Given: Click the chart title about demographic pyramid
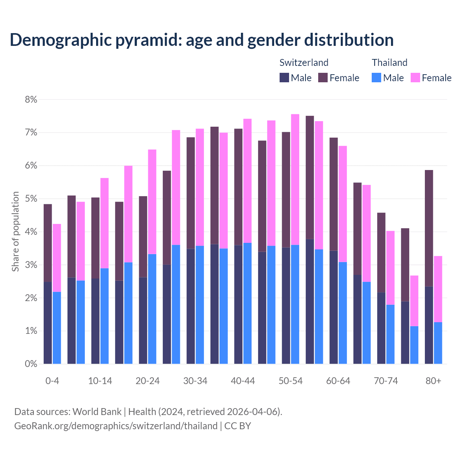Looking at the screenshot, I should click(x=202, y=40).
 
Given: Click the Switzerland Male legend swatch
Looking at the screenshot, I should click(x=284, y=78).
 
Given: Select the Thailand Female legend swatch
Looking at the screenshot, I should click(x=415, y=78).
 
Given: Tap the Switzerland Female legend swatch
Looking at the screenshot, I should click(x=323, y=78).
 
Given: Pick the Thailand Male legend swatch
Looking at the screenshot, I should click(x=376, y=78).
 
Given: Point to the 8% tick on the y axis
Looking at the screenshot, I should click(x=31, y=99).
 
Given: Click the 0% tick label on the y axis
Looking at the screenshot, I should click(x=31, y=364).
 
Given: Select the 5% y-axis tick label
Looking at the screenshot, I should click(x=31, y=199).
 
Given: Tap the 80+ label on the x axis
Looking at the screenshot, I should click(x=433, y=381).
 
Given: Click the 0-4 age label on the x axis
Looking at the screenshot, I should click(x=52, y=381).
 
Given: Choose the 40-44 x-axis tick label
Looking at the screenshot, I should click(x=243, y=381).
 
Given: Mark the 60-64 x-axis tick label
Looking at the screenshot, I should click(x=338, y=381).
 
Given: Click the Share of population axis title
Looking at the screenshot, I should click(x=15, y=232).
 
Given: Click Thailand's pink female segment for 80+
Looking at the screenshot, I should click(x=438, y=289).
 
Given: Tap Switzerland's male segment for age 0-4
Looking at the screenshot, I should click(x=48, y=323).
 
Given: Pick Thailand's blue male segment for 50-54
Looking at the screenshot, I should click(x=295, y=304).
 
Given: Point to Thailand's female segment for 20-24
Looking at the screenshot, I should click(x=152, y=202).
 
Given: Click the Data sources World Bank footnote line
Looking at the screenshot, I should click(x=148, y=412).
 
